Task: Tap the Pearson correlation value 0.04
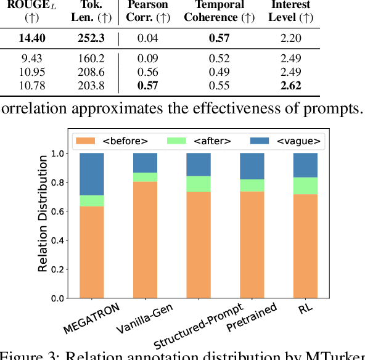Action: point(144,38)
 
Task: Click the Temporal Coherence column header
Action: point(215,10)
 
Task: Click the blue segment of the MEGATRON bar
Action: point(91,174)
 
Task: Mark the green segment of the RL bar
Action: point(305,186)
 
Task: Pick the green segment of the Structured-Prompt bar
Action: point(198,184)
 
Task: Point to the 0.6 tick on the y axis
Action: point(57,211)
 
